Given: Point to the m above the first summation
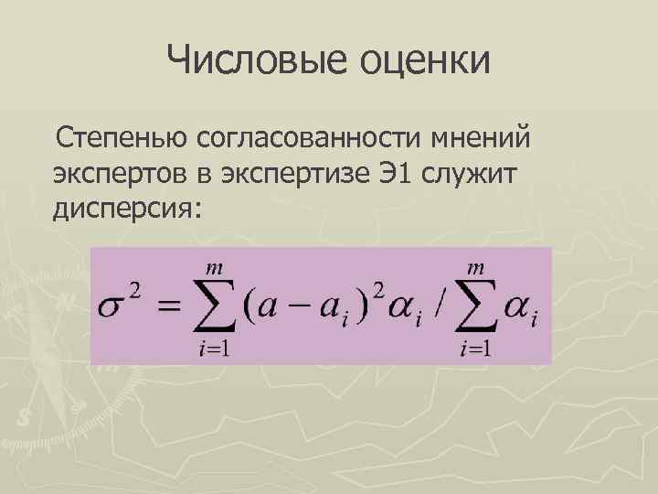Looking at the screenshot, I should pos(216,268).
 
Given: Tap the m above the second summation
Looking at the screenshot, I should pos(476,268).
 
